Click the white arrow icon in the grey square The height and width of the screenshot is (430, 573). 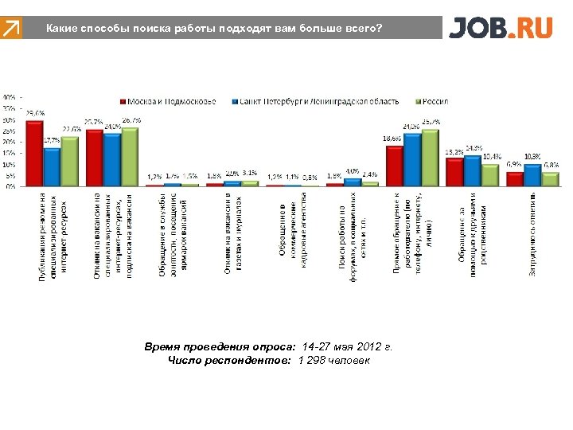tap(11, 29)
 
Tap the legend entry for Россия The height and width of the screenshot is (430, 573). tap(433, 101)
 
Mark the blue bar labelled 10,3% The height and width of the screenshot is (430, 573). tap(532, 175)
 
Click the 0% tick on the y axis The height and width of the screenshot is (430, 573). tap(10, 187)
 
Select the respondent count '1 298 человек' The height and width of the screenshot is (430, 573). tap(333, 361)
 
